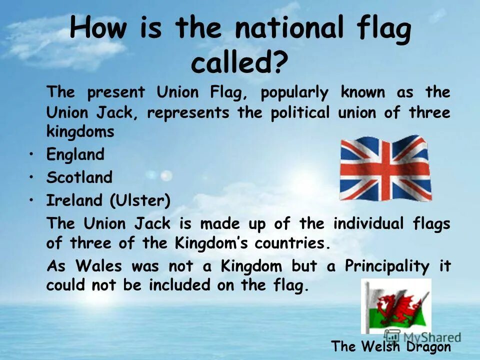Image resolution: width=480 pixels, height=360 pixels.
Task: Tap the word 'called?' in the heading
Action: tap(240, 64)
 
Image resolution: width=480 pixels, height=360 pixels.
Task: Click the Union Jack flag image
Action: tap(385, 168)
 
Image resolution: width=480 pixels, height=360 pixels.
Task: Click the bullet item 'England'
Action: tap(75, 154)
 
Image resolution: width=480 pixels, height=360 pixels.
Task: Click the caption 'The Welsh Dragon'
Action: tap(391, 346)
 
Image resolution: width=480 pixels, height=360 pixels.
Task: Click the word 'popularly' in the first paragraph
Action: tap(294, 92)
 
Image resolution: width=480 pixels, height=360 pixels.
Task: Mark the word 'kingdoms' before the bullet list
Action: tap(80, 132)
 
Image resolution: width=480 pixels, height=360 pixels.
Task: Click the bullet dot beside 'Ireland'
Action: tap(32, 200)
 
